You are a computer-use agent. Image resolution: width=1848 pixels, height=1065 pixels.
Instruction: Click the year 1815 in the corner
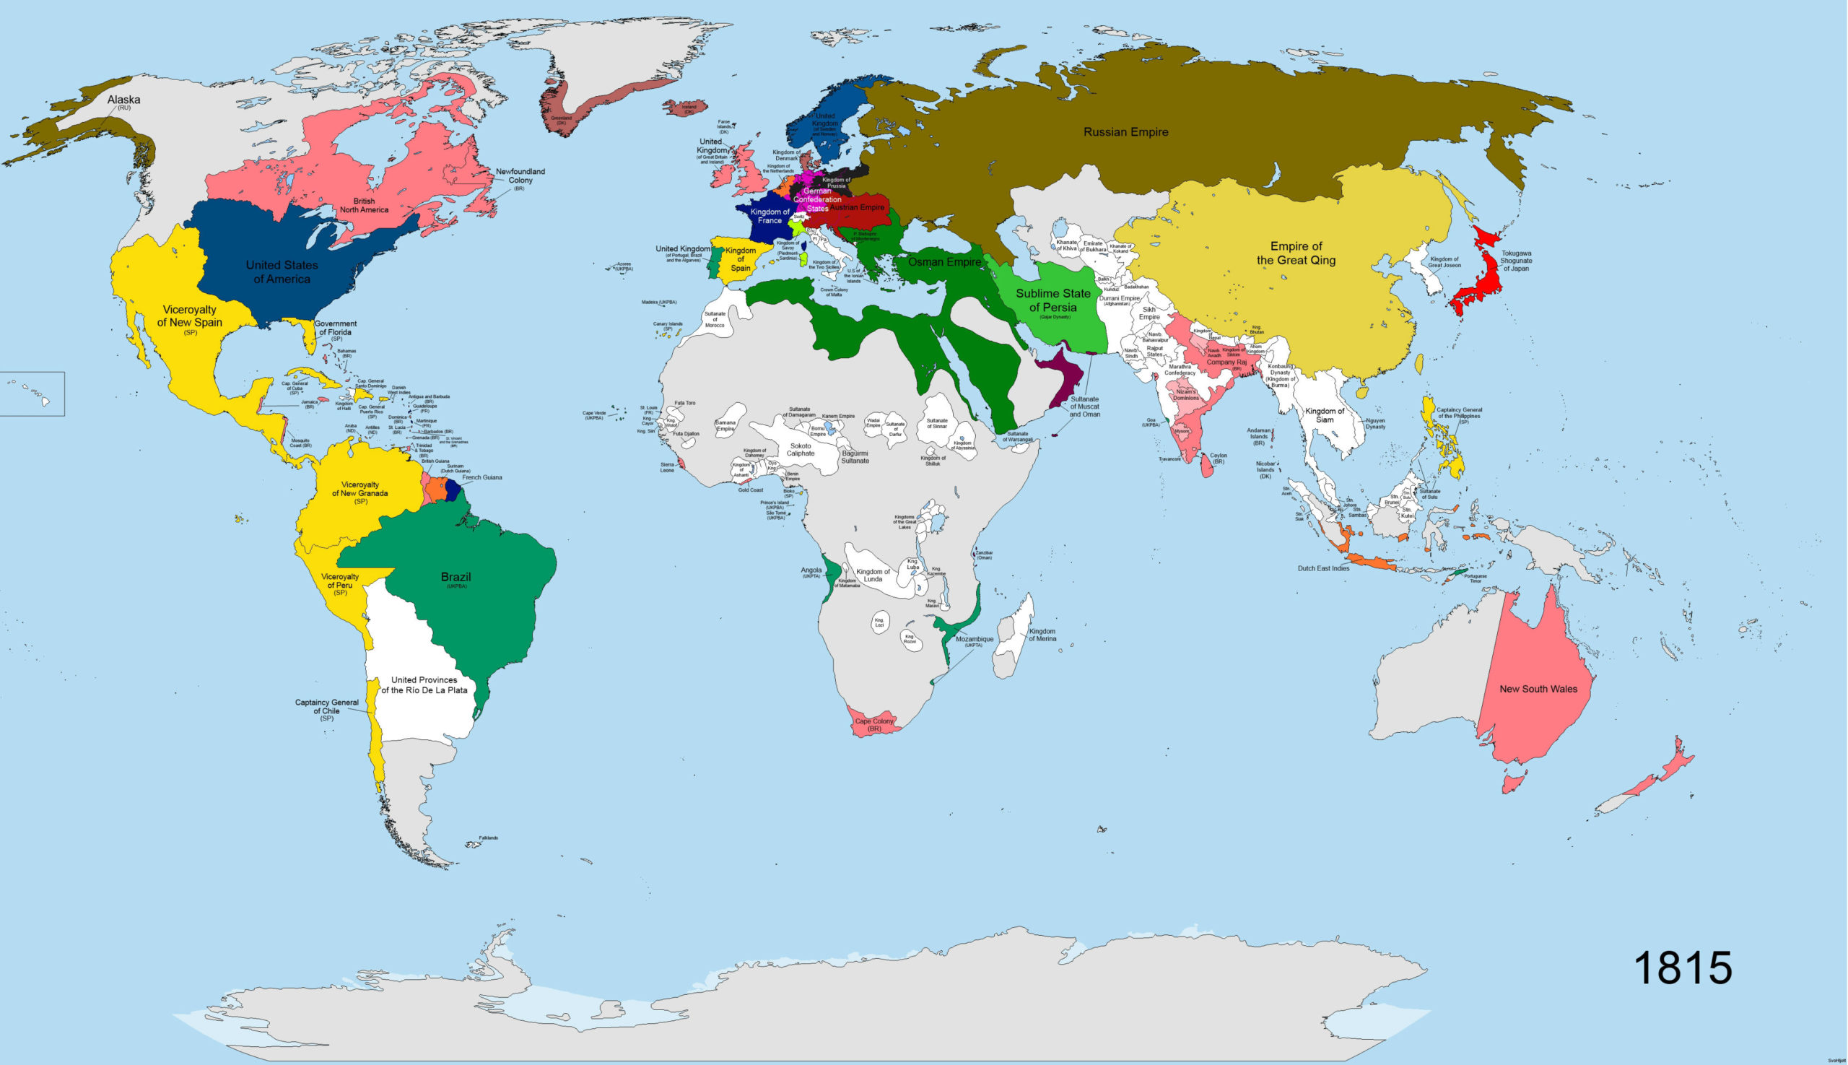pyautogui.click(x=1682, y=968)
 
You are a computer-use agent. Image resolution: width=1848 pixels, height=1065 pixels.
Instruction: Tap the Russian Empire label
pyautogui.click(x=1125, y=132)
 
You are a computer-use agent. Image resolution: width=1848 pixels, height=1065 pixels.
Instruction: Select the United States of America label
pyautogui.click(x=282, y=272)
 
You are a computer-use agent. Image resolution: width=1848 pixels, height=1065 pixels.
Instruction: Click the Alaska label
pyautogui.click(x=123, y=100)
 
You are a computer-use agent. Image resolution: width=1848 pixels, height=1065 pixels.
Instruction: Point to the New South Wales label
pyautogui.click(x=1538, y=689)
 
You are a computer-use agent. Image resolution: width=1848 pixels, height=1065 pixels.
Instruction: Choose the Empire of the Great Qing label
pyautogui.click(x=1296, y=253)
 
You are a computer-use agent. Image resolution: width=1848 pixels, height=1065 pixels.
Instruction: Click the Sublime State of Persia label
pyautogui.click(x=1052, y=300)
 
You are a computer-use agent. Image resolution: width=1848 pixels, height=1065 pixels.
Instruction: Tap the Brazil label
pyautogui.click(x=456, y=578)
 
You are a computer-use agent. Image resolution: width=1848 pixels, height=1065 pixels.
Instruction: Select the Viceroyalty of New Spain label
pyautogui.click(x=189, y=317)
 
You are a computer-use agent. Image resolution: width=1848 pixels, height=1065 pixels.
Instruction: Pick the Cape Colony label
pyautogui.click(x=875, y=722)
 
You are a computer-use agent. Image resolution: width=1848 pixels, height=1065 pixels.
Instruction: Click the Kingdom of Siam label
pyautogui.click(x=1325, y=415)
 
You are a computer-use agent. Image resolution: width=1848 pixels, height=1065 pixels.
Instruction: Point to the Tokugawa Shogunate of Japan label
pyautogui.click(x=1515, y=261)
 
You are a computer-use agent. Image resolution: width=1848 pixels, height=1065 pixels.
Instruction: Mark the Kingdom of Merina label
pyautogui.click(x=1042, y=635)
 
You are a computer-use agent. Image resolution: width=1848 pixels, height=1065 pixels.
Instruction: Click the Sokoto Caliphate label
pyautogui.click(x=800, y=450)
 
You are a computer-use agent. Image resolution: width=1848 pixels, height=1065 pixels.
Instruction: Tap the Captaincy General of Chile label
pyautogui.click(x=326, y=707)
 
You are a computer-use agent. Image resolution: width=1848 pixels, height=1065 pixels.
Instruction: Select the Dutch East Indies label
pyautogui.click(x=1323, y=568)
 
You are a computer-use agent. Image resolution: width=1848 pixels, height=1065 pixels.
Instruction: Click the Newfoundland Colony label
pyautogui.click(x=520, y=176)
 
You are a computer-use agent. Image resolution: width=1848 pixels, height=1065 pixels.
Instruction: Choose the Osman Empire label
pyautogui.click(x=944, y=262)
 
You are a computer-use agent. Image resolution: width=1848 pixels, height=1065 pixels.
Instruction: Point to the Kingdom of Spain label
pyautogui.click(x=740, y=259)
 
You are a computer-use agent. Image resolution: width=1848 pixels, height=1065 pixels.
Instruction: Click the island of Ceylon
pyautogui.click(x=1208, y=465)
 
